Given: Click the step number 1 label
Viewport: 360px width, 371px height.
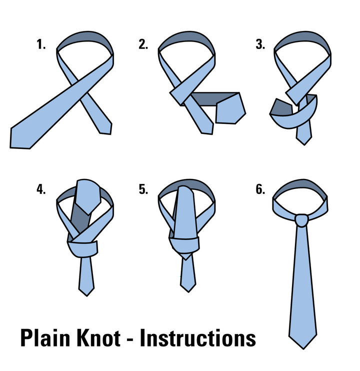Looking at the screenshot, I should point(40,44).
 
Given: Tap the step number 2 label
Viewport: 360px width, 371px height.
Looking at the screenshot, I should point(143,44).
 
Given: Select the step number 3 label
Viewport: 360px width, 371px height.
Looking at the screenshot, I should point(259,44).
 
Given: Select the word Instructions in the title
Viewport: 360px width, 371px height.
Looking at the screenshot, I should point(197,338).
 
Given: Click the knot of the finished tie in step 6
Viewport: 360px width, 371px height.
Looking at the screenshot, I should point(301,219).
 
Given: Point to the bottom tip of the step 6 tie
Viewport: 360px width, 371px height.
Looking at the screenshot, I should point(302,346).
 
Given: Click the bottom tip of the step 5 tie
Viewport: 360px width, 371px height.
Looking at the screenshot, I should point(188,289).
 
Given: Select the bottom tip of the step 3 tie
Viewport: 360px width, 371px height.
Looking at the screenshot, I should point(303,142).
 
